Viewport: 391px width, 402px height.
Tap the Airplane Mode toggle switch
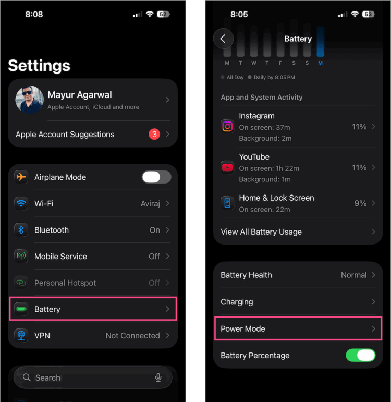tap(156, 177)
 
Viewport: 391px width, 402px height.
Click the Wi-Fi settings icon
tap(21, 203)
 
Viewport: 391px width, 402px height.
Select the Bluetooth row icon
tap(21, 230)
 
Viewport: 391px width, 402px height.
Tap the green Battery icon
tap(21, 309)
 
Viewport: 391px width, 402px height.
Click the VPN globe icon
tap(21, 336)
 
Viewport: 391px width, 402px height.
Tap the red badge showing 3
tap(154, 135)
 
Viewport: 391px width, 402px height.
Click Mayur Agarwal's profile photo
tap(29, 100)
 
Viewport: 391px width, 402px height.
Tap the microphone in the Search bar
tap(158, 377)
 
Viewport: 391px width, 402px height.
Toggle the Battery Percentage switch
tap(360, 356)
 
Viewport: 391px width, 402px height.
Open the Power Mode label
tap(243, 329)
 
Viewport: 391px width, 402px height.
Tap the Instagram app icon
tap(227, 126)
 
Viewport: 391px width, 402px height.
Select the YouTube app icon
tap(227, 167)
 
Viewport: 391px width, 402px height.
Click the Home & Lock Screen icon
tap(227, 203)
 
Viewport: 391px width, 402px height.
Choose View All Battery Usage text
tap(261, 232)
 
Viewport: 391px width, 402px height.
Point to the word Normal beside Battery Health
tap(353, 275)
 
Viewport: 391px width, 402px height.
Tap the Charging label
tap(237, 302)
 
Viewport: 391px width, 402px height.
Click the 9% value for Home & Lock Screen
tap(360, 203)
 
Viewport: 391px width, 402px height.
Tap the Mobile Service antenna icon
tap(21, 257)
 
